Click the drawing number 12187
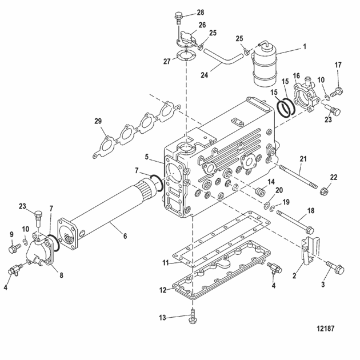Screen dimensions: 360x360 point(326,329)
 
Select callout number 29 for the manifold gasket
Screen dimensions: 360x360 point(98,121)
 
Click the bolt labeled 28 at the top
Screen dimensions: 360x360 point(178,19)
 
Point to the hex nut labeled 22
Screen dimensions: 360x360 point(323,191)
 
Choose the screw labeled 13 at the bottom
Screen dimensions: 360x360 point(193,316)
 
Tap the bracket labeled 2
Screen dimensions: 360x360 point(309,250)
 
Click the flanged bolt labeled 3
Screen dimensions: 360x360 point(335,267)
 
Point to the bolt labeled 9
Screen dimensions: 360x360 point(15,249)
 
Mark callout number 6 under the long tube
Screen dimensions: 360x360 point(125,236)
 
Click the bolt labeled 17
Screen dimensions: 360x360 point(337,92)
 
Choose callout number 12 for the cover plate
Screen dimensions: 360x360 point(163,290)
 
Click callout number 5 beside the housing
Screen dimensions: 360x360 point(147,157)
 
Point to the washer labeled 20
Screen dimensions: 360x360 point(267,206)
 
